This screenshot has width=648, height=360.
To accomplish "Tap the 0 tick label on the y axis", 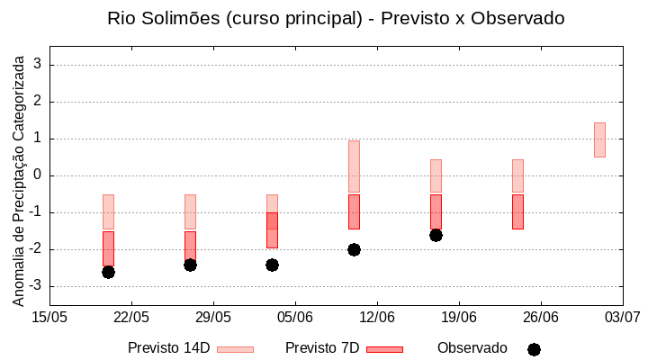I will (x=38, y=175).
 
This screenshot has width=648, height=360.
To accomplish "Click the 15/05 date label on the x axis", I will (x=49, y=317).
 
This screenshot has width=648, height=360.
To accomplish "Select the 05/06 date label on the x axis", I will (x=295, y=317).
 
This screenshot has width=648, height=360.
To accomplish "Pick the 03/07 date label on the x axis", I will (x=622, y=317).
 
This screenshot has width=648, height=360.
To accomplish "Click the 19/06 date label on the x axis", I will (x=459, y=317).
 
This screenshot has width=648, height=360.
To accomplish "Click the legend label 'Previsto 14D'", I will (x=168, y=348).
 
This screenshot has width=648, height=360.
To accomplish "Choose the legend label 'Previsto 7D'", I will (x=322, y=348).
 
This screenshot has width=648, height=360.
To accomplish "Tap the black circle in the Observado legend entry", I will (x=534, y=349).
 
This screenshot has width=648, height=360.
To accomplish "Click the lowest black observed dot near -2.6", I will (x=108, y=272).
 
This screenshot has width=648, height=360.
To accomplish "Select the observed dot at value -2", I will (x=354, y=249).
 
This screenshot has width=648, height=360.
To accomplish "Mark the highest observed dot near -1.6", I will (x=436, y=235).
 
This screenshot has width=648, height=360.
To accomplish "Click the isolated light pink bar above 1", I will (x=599, y=139).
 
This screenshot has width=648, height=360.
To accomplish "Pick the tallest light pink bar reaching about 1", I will (x=354, y=166).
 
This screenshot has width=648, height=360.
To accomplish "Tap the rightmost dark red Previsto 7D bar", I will (x=517, y=211).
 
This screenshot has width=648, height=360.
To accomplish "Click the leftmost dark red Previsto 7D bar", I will (x=108, y=247).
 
